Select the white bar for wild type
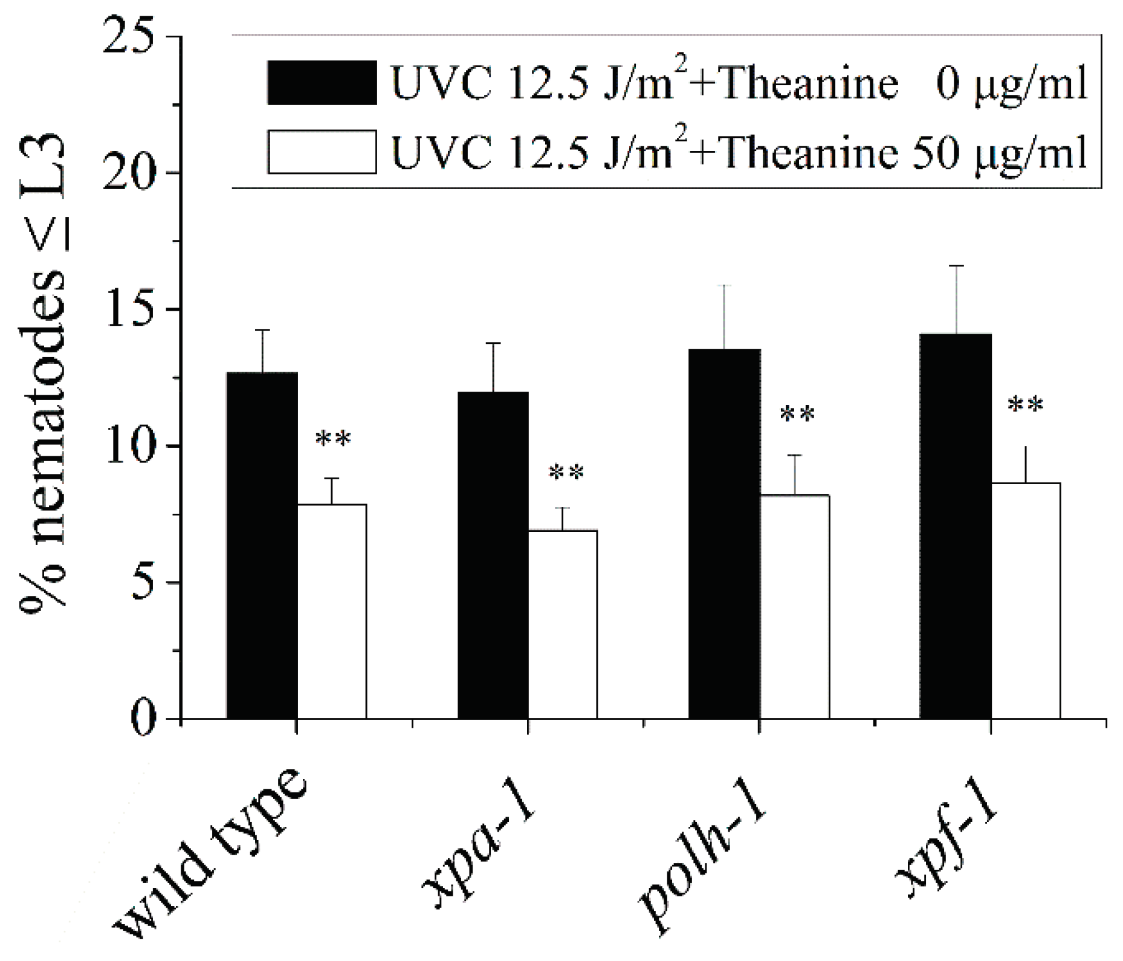click(332, 611)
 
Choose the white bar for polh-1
click(794, 607)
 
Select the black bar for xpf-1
click(956, 526)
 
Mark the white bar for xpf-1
click(1026, 601)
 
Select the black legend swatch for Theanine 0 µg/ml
click(322, 83)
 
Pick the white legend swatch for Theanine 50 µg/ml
click(322, 152)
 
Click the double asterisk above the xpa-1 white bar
click(566, 473)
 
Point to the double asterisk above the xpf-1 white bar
click(1026, 405)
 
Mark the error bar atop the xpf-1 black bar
click(956, 299)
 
